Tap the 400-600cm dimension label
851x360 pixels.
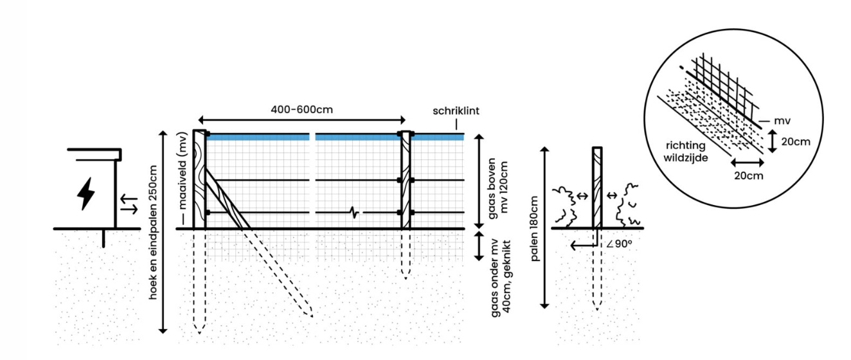pyautogui.click(x=301, y=109)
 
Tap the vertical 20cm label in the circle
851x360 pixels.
pyautogui.click(x=798, y=141)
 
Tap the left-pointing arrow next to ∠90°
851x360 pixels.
pyautogui.click(x=582, y=244)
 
